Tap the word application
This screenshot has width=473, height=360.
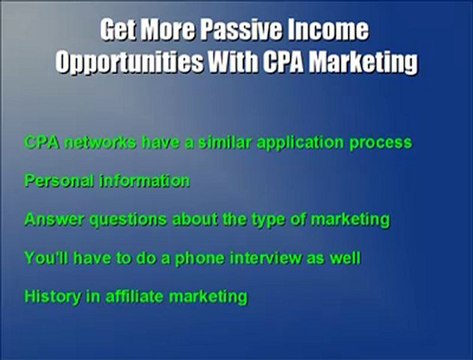[x=295, y=143]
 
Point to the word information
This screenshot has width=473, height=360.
[x=139, y=181]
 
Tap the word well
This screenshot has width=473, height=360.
[x=344, y=258]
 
